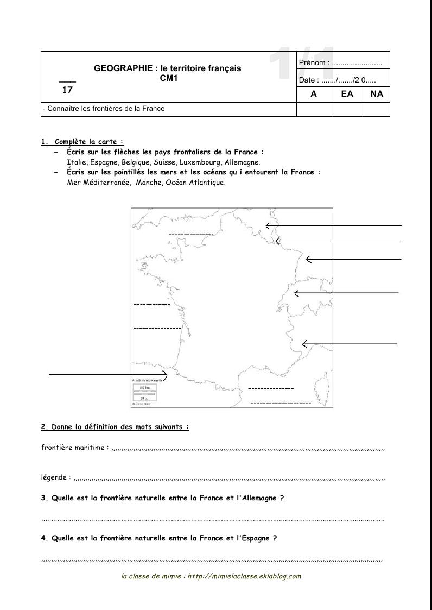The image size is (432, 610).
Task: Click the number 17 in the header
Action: pyautogui.click(x=67, y=90)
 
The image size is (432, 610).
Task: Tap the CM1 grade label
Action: pyautogui.click(x=168, y=78)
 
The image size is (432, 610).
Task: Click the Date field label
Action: pyautogui.click(x=308, y=80)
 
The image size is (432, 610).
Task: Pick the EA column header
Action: pyautogui.click(x=347, y=93)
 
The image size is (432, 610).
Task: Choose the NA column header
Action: pyautogui.click(x=377, y=93)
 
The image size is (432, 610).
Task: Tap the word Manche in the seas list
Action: pyautogui.click(x=149, y=183)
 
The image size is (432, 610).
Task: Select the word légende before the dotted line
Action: pyautogui.click(x=54, y=477)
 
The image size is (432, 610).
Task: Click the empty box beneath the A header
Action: pyautogui.click(x=313, y=109)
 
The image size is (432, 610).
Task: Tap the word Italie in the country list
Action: pyautogui.click(x=76, y=162)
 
